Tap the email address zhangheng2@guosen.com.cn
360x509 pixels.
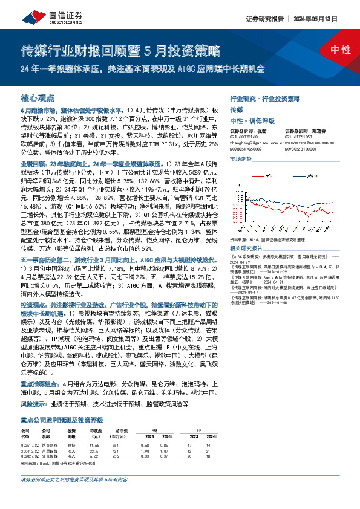pyautogui.click(x=251, y=140)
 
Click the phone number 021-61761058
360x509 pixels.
pyautogui.click(x=301, y=136)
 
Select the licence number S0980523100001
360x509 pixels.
pyautogui.click(x=301, y=145)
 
